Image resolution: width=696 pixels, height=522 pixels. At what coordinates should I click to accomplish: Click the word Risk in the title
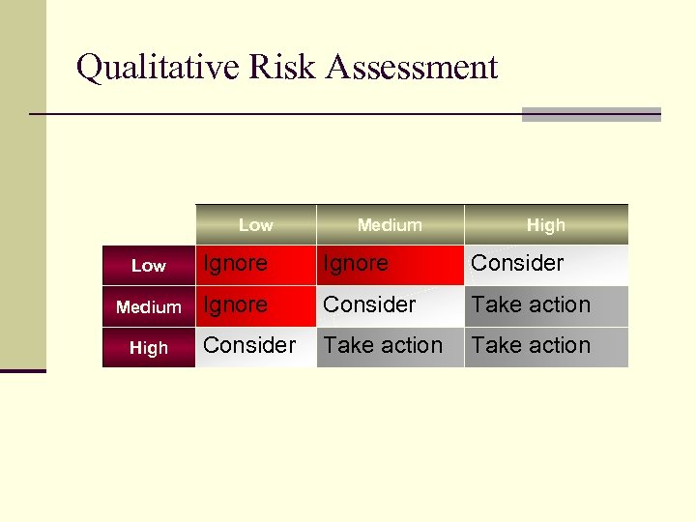click(285, 68)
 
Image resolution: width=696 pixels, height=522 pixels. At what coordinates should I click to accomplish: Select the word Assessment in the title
click(413, 68)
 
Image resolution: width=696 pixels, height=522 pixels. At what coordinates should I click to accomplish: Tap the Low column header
click(255, 224)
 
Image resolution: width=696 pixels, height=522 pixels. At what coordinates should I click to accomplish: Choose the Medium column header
click(390, 224)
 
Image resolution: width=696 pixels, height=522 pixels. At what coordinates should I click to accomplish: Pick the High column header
click(545, 224)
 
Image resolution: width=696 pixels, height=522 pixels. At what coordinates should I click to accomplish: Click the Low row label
click(149, 266)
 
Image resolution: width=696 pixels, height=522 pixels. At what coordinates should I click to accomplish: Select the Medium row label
click(149, 307)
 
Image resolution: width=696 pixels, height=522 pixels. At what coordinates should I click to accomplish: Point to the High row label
click(149, 348)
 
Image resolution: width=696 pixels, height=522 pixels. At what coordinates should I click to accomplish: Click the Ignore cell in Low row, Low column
click(236, 263)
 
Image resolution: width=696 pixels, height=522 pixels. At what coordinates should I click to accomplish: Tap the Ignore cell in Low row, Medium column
click(356, 263)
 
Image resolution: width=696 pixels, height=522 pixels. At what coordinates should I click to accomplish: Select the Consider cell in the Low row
click(517, 263)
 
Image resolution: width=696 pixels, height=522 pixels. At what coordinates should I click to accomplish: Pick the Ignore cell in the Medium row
click(236, 304)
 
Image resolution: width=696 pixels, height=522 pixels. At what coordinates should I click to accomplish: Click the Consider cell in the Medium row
click(369, 304)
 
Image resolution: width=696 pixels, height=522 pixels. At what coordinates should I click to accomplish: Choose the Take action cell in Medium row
click(531, 304)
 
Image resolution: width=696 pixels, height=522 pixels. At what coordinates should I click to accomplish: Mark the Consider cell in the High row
click(249, 345)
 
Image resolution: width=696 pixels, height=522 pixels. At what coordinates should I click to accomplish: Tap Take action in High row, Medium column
click(383, 345)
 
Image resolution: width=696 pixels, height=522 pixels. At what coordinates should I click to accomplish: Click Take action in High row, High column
click(531, 345)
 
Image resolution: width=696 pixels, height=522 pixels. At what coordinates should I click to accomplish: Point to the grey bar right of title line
click(591, 114)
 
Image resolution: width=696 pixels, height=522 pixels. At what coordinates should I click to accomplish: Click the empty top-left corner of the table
click(149, 224)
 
